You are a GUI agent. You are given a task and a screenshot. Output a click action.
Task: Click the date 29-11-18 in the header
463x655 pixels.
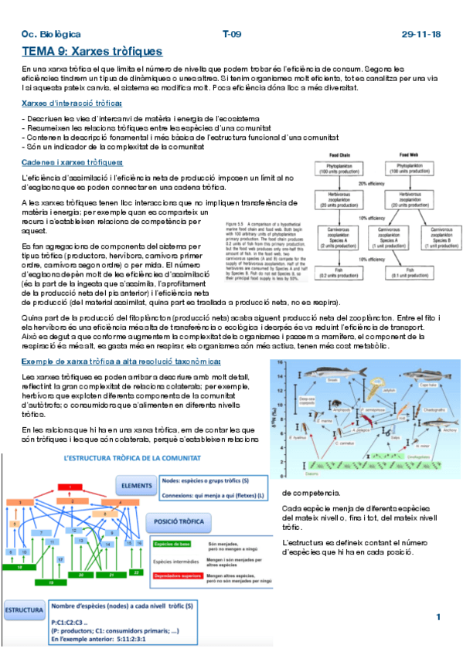point(421,35)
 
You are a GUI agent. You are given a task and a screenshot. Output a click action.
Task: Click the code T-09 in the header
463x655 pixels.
point(232,35)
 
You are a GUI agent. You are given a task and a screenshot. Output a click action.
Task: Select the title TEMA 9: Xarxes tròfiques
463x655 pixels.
point(92,52)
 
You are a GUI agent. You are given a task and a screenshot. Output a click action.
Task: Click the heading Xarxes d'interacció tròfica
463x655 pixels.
point(71,103)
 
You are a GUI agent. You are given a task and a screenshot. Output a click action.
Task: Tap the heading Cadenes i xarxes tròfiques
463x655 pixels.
point(72,161)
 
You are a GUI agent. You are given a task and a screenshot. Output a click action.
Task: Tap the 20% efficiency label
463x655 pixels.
point(373,185)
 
